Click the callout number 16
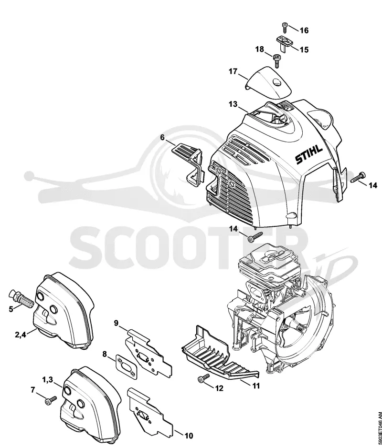click(305, 30)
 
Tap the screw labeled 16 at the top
click(284, 28)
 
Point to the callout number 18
click(260, 49)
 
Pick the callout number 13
click(233, 104)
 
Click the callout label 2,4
click(20, 335)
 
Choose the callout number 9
click(116, 323)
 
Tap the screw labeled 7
click(51, 400)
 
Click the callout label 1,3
click(48, 379)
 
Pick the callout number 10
click(189, 436)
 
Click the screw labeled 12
click(204, 378)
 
